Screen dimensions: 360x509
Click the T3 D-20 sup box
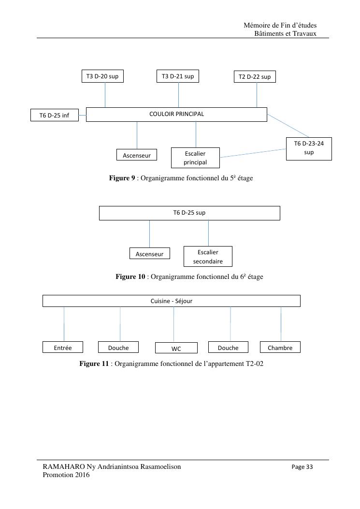(x=102, y=76)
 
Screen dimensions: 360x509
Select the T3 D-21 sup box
(x=178, y=76)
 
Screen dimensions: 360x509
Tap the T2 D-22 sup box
(x=255, y=76)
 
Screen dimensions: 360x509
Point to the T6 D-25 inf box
(x=55, y=115)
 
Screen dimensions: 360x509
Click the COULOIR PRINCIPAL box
(x=176, y=114)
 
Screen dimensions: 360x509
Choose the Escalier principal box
(x=195, y=158)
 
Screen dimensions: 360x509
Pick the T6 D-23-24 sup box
(x=309, y=149)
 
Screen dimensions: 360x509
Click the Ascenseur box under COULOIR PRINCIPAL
(x=137, y=155)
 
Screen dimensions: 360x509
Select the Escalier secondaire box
(x=208, y=257)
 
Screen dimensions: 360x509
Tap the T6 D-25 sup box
(x=189, y=213)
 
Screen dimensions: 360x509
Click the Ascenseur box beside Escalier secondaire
(x=150, y=253)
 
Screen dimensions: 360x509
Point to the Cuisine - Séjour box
(x=172, y=301)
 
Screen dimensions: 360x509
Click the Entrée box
(x=63, y=347)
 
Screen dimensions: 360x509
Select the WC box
(x=176, y=348)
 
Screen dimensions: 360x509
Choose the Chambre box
(x=280, y=347)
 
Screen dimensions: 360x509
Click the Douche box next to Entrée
(x=118, y=347)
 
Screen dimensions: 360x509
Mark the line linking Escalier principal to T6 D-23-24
(x=253, y=153)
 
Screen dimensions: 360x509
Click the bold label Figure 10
(x=130, y=276)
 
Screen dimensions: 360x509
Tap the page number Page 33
(x=302, y=467)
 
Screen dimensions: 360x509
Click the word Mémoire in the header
(x=257, y=25)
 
